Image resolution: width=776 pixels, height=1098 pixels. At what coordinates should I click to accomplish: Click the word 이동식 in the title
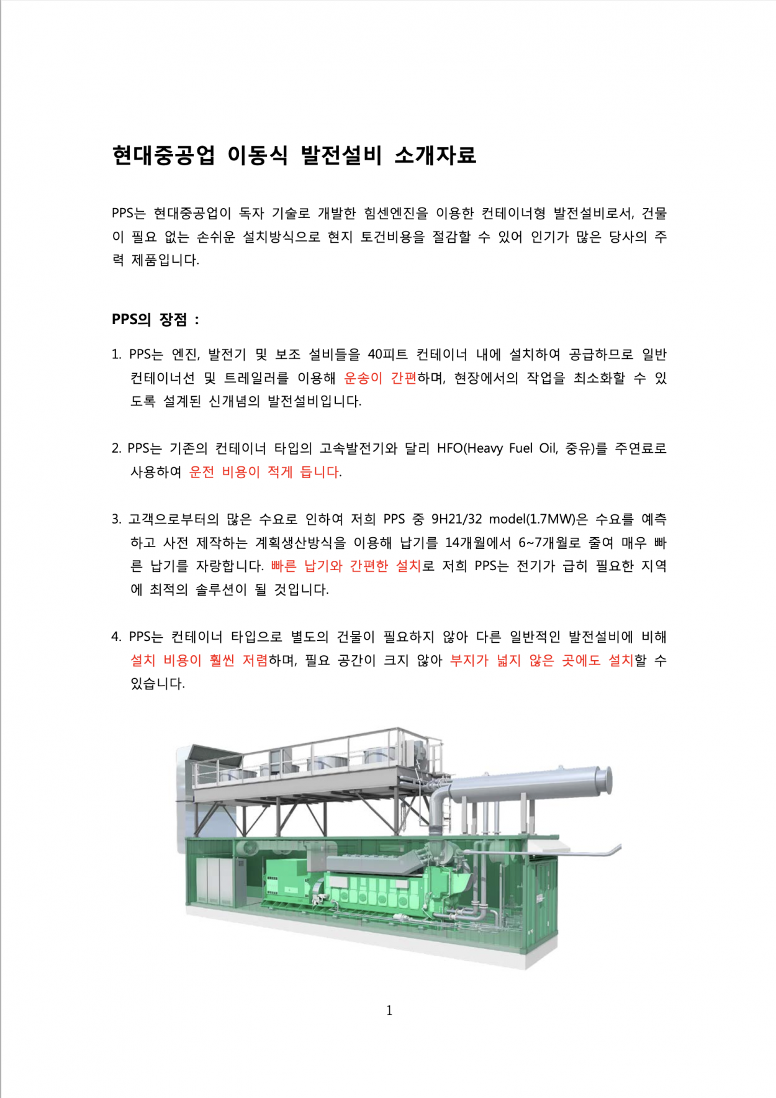(257, 155)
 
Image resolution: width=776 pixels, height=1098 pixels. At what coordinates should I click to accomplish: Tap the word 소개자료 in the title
(435, 155)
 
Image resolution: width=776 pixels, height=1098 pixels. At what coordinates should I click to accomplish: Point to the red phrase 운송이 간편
(380, 378)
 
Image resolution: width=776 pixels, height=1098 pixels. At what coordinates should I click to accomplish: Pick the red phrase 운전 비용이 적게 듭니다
(264, 472)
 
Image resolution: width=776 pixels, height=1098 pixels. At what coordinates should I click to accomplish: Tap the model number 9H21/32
(456, 519)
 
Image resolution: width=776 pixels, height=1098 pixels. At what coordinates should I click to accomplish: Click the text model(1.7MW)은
(538, 519)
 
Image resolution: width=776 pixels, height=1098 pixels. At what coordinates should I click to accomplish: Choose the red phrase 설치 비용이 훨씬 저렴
(199, 661)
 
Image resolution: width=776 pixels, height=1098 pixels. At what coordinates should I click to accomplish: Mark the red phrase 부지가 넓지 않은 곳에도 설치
(541, 661)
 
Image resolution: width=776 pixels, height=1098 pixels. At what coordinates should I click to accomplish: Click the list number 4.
(116, 637)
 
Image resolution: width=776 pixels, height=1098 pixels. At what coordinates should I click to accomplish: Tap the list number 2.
(116, 448)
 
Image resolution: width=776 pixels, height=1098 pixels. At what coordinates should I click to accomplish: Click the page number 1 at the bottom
(389, 1010)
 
